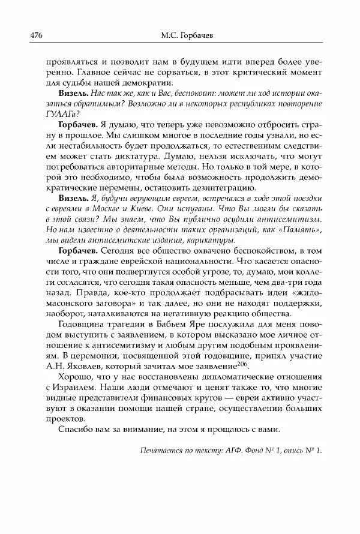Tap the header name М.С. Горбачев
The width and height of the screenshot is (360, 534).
[178, 35]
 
